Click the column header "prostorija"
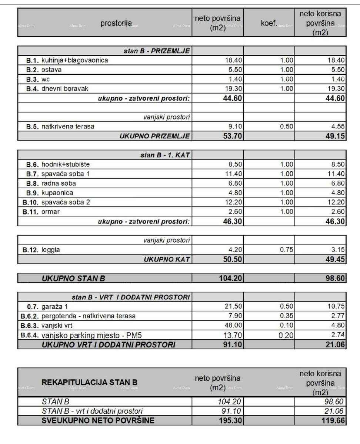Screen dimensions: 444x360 point(116,24)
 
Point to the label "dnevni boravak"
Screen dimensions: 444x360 point(65,88)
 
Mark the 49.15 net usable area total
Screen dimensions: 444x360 point(335,136)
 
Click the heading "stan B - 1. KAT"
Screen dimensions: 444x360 point(165,155)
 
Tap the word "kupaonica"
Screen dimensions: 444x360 point(57,193)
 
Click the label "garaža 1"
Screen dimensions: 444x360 point(55,306)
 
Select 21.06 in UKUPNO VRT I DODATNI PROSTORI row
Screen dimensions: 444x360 point(335,345)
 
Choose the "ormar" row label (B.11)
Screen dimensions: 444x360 point(51,212)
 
